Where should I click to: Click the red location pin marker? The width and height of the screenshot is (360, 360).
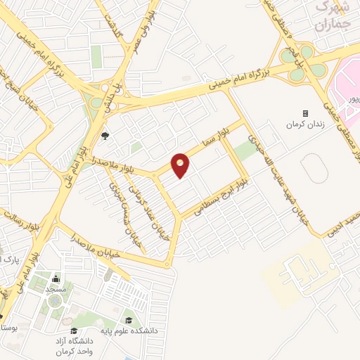(x=181, y=166)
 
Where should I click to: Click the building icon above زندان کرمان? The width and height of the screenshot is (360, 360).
(x=305, y=113)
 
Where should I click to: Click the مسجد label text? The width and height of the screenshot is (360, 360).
(x=56, y=289)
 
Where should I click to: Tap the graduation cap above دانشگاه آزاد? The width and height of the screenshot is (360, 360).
(x=74, y=330)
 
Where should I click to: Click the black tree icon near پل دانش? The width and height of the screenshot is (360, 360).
(x=105, y=136)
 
